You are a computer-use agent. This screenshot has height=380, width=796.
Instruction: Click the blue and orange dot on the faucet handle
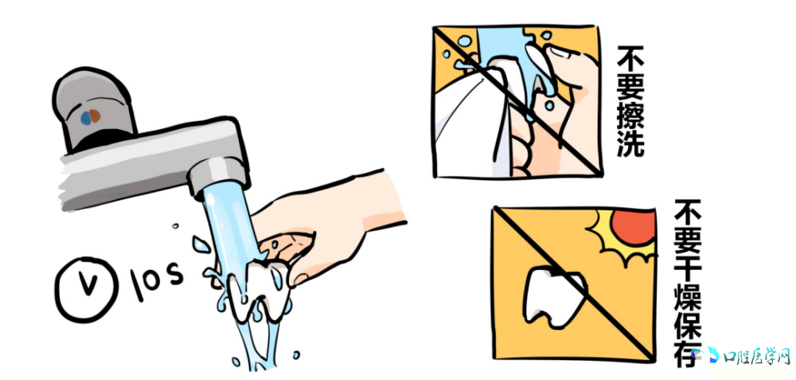pos(91,117)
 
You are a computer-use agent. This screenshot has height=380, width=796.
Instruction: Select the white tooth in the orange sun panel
pos(553,294)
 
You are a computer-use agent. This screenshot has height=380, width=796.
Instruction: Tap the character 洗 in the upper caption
pos(630,143)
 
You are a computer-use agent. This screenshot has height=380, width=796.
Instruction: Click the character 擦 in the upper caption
pos(630,115)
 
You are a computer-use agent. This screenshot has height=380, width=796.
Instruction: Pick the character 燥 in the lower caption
pos(688,296)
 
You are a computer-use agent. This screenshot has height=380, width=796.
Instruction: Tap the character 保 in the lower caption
pos(688,325)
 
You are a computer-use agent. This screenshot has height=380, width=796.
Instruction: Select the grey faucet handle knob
pos(93,108)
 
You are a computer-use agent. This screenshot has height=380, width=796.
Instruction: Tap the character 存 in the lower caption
pos(688,354)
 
